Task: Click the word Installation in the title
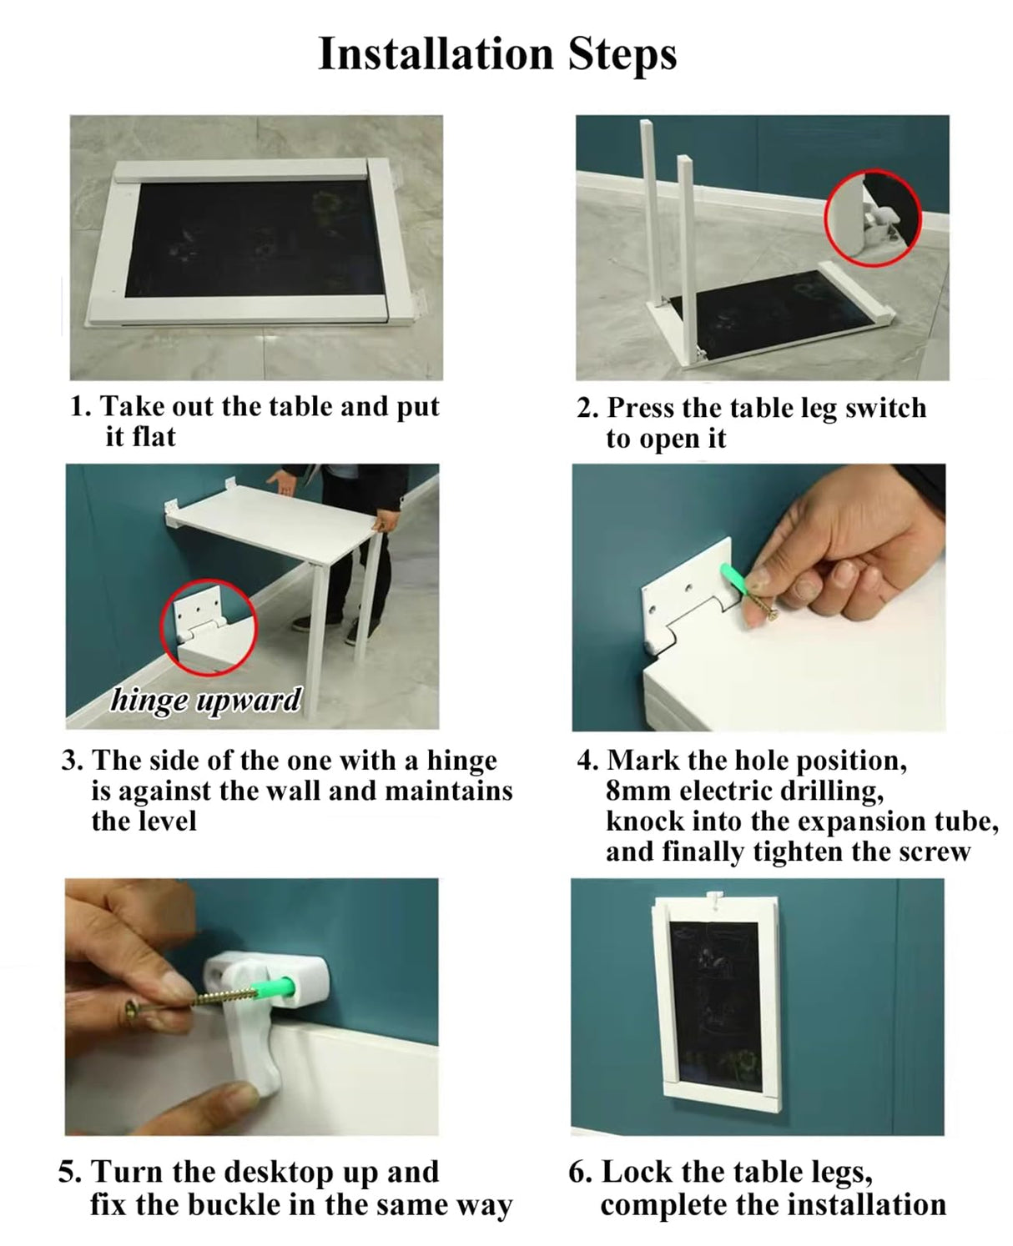436,54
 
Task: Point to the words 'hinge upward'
206,700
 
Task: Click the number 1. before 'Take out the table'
81,406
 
